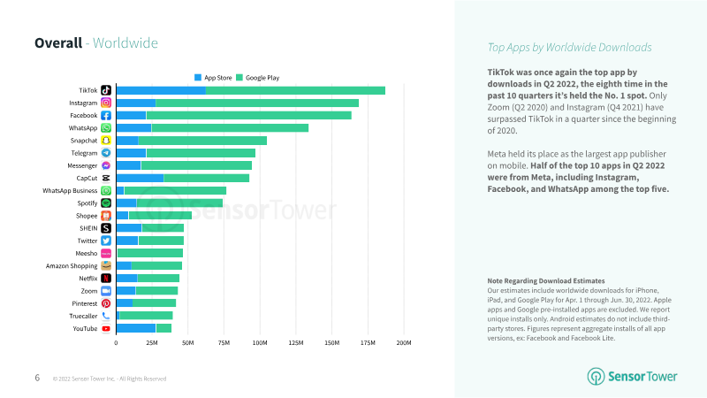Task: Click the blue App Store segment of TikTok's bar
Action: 161,90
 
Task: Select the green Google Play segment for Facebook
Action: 248,115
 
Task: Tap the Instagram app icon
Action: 106,103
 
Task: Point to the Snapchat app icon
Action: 106,141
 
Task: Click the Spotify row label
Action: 87,203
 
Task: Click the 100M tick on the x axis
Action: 260,342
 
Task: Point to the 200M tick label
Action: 404,342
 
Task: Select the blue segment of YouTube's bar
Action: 136,328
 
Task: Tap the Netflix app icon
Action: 106,278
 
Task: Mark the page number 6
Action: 37,378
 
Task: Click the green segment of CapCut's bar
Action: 206,178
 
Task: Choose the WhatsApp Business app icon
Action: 106,190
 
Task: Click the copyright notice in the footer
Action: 110,379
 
